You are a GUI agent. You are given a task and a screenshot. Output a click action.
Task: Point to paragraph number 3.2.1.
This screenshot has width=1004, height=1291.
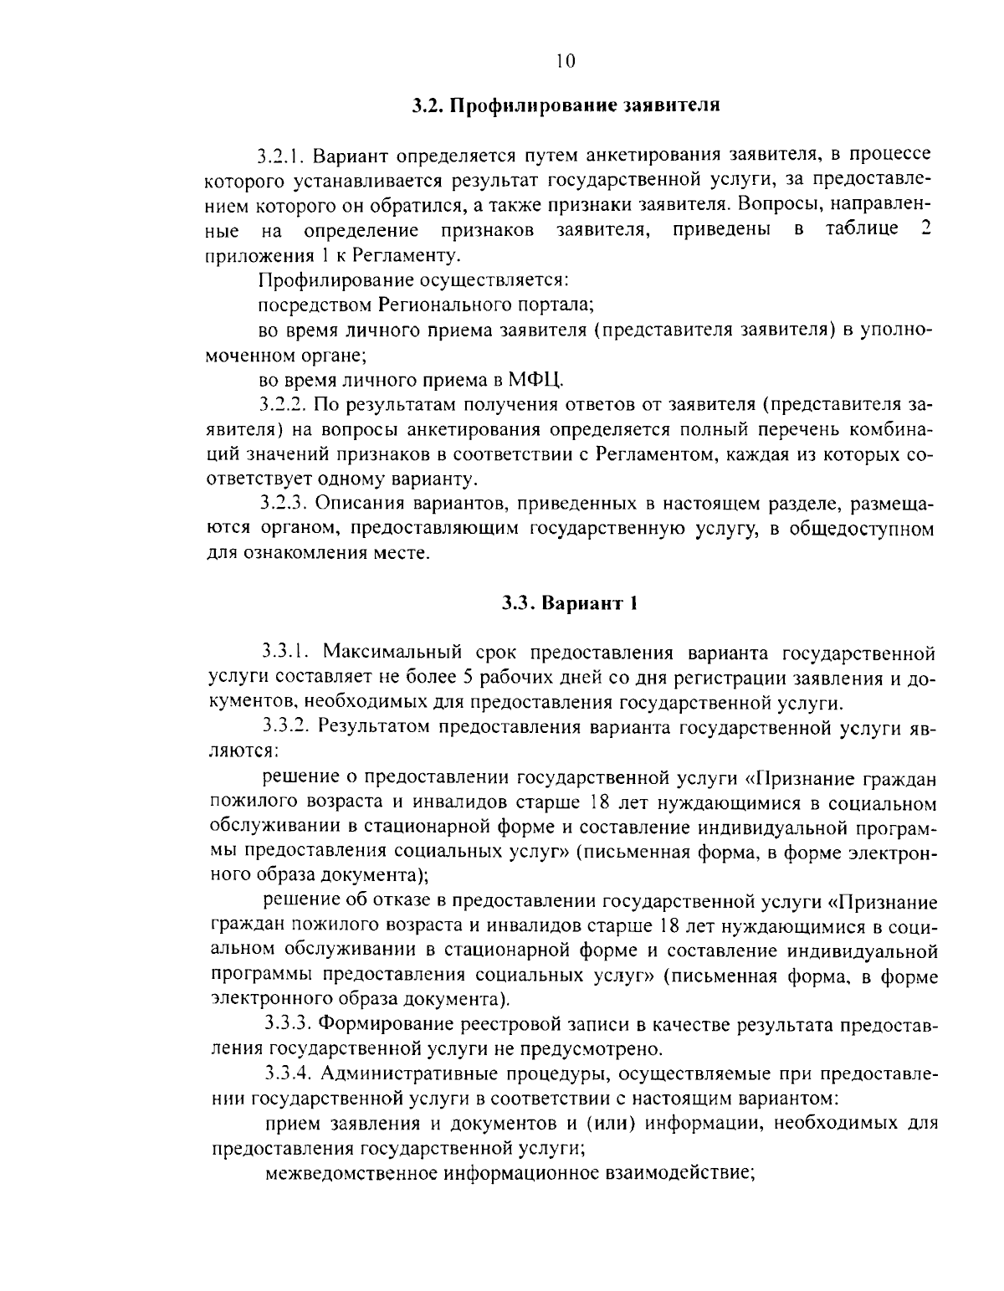click(x=284, y=156)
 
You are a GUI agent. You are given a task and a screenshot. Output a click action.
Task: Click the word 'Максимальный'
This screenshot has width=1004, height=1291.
click(x=386, y=653)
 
